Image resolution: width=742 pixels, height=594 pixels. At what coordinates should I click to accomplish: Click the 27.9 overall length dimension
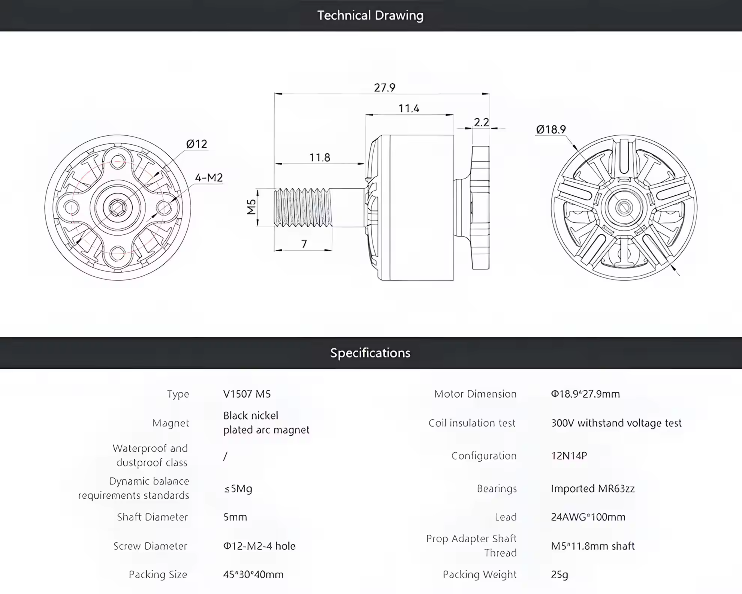[384, 88]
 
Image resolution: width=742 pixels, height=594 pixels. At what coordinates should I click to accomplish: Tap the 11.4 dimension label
[408, 109]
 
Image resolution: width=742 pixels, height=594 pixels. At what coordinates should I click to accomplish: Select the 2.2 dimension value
[482, 122]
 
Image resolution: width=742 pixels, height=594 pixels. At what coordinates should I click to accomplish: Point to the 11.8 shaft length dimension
[320, 157]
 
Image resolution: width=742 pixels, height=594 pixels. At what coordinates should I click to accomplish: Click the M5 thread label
[251, 207]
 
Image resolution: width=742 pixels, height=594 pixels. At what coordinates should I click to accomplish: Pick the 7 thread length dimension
[304, 244]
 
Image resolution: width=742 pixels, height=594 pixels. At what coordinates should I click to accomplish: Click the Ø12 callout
[196, 144]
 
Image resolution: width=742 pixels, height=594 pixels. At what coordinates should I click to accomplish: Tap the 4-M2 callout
[209, 177]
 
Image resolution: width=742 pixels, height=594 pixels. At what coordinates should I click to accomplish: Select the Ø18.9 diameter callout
[551, 129]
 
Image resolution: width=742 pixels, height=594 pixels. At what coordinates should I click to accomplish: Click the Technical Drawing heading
[370, 15]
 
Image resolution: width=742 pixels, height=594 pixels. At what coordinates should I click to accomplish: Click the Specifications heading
[370, 353]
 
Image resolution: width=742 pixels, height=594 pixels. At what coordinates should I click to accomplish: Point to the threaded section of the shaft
[303, 207]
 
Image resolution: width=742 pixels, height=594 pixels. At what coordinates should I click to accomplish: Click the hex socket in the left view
[118, 208]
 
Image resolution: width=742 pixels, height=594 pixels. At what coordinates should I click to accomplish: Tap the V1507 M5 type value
[247, 394]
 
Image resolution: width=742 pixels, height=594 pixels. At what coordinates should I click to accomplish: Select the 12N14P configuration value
[569, 456]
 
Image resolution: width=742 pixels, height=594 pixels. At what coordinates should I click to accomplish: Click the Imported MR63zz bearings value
[593, 489]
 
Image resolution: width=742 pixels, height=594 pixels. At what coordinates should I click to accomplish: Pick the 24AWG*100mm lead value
[588, 517]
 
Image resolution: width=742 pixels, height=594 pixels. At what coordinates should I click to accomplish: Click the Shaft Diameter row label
[152, 517]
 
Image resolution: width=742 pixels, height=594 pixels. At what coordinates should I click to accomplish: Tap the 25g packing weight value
[559, 575]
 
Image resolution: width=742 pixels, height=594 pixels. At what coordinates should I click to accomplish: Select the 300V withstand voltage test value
[616, 423]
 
